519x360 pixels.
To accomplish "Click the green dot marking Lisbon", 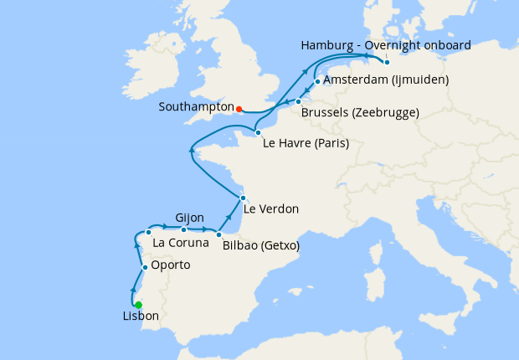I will click(x=139, y=305).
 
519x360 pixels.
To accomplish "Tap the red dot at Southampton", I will click(x=239, y=109).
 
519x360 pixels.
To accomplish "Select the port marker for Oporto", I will click(x=145, y=268).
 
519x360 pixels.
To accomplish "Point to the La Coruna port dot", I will click(x=148, y=232).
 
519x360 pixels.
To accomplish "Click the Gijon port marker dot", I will click(x=184, y=229).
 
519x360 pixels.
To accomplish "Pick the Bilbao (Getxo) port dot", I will click(x=218, y=234).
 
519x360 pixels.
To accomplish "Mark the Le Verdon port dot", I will click(x=242, y=198).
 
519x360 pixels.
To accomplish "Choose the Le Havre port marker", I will click(x=258, y=132).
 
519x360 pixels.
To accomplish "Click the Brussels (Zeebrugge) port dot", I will click(x=298, y=101).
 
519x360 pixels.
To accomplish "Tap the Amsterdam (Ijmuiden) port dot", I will click(x=317, y=82).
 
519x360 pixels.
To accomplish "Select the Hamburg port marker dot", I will click(x=387, y=62).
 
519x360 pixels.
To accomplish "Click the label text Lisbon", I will click(x=140, y=317).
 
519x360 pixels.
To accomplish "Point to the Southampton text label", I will click(x=197, y=108).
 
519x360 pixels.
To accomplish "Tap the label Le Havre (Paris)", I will click(x=306, y=143).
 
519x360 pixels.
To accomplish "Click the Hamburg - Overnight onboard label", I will click(x=385, y=44).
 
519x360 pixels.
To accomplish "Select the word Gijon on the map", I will click(x=189, y=217).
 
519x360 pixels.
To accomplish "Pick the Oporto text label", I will click(x=170, y=265).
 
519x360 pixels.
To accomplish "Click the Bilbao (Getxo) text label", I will click(x=261, y=246).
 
